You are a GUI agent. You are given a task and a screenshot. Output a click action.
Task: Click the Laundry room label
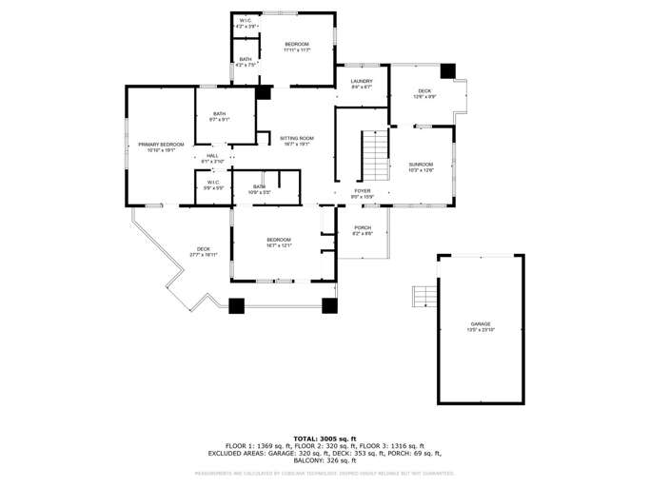(x=361, y=83)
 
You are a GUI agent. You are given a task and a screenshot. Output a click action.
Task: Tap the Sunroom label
(x=421, y=166)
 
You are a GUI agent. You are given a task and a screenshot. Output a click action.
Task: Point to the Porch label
(x=363, y=229)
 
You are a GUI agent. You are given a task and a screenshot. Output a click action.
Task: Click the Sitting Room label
(x=296, y=141)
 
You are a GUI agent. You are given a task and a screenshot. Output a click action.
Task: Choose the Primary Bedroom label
(x=160, y=146)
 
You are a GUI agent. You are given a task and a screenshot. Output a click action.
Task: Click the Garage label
(x=480, y=326)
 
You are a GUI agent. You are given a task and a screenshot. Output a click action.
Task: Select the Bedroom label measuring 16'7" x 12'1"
(x=278, y=242)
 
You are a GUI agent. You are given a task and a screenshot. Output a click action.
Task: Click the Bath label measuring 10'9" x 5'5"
(x=259, y=188)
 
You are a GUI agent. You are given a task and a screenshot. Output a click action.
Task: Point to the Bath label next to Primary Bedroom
(x=220, y=116)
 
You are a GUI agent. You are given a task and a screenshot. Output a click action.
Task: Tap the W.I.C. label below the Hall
(x=213, y=185)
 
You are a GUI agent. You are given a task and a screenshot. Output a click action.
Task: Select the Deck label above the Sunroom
(x=424, y=93)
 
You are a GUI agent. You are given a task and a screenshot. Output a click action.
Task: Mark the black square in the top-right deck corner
(x=447, y=71)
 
